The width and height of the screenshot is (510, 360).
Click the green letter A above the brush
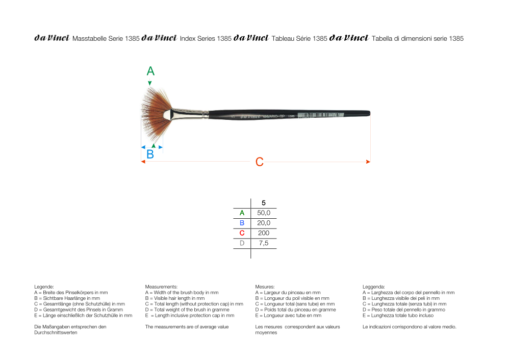tap(150, 71)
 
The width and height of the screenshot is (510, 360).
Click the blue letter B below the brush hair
tap(150, 154)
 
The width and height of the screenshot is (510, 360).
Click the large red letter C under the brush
tap(259, 162)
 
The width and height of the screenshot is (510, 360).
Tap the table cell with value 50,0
tap(264, 213)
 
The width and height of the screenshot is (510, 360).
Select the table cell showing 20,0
tap(264, 223)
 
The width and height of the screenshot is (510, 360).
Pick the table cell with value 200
tap(264, 233)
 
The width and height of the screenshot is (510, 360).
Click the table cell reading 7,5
tap(264, 243)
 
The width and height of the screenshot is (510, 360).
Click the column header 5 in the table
tap(263, 203)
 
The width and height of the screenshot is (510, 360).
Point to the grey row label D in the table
tap(242, 243)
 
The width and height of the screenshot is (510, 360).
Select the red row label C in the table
tap(242, 233)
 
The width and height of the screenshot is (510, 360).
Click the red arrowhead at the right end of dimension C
tap(368, 162)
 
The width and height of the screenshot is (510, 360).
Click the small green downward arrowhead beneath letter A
tap(149, 83)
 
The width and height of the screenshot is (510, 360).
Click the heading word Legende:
tap(44, 287)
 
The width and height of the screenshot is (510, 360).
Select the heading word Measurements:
tap(161, 287)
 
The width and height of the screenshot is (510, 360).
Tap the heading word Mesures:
tap(265, 287)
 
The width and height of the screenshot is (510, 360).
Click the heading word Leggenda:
tap(374, 287)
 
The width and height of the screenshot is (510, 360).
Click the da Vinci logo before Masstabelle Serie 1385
tap(52, 38)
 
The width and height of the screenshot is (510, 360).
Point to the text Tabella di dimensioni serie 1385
tap(418, 38)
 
